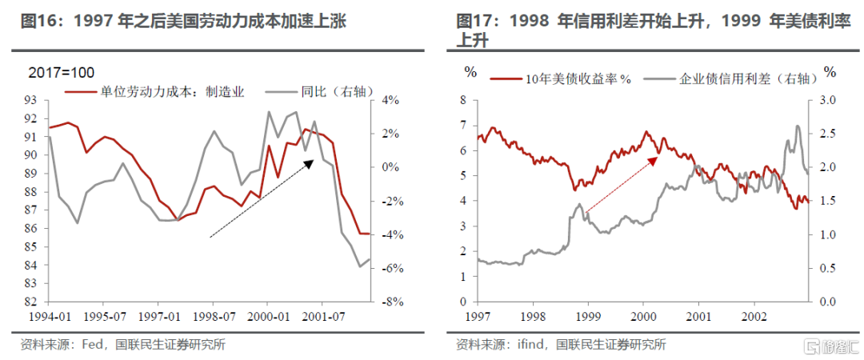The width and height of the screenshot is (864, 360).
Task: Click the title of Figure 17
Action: pyautogui.click(x=652, y=30)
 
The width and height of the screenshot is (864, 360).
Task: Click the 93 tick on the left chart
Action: pyautogui.click(x=32, y=100)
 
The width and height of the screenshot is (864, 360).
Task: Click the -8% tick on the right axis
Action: pyautogui.click(x=390, y=302)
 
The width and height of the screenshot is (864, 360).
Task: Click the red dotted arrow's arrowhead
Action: pyautogui.click(x=653, y=159)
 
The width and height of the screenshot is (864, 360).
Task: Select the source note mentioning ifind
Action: pyautogui.click(x=560, y=345)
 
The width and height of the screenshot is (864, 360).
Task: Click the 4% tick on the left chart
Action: pyautogui.click(x=390, y=100)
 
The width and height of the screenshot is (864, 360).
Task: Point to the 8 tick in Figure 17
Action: pyautogui.click(x=462, y=100)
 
